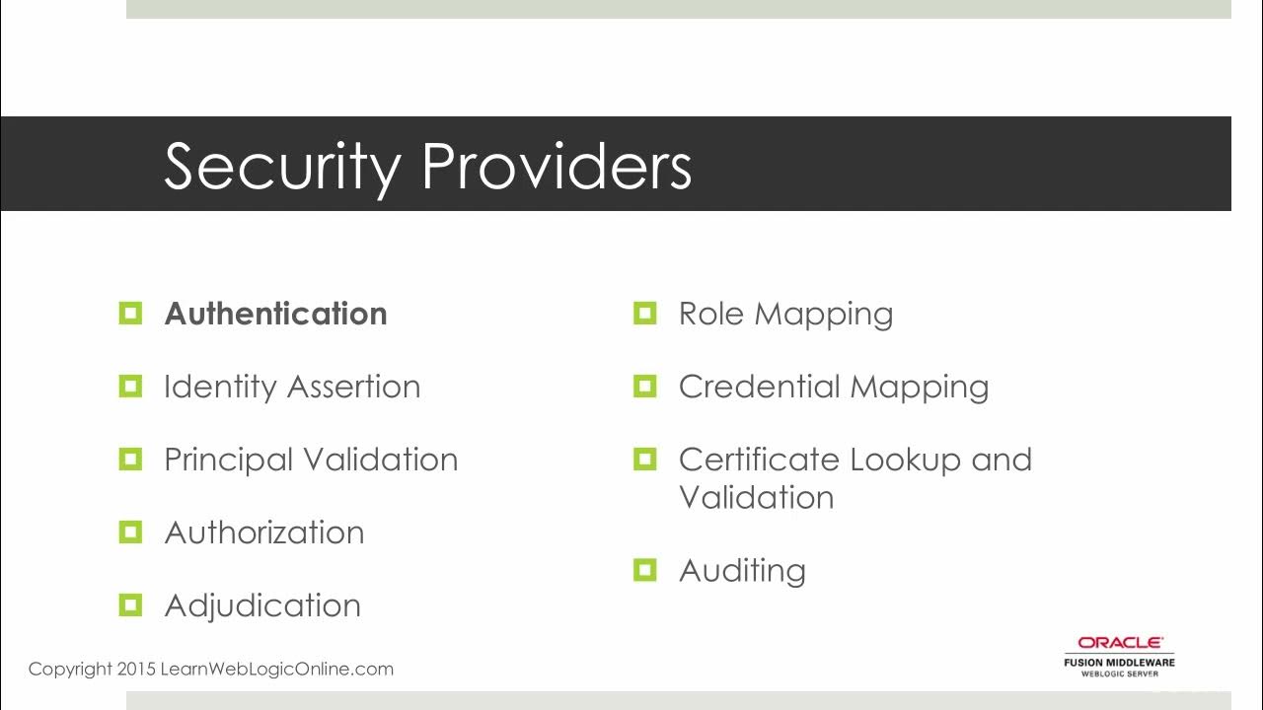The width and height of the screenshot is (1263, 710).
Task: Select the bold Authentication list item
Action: [275, 314]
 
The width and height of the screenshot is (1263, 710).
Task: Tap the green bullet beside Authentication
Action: [130, 314]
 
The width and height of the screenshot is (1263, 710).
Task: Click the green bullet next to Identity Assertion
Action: [130, 387]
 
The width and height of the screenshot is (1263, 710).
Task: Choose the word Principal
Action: [228, 460]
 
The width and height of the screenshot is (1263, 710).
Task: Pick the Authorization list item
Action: [264, 532]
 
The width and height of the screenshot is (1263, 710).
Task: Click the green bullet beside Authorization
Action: [130, 532]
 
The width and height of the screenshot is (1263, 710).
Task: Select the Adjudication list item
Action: [262, 605]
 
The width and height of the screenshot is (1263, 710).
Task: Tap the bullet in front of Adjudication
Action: [130, 605]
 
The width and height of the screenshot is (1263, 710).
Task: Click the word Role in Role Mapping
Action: [711, 314]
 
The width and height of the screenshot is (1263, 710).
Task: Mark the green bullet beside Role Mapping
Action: [645, 314]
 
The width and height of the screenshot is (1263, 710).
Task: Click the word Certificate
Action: [759, 460]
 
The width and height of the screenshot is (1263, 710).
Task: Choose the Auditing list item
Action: [742, 570]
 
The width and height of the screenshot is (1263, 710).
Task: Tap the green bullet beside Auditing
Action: [645, 570]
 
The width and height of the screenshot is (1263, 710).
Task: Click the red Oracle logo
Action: [1119, 643]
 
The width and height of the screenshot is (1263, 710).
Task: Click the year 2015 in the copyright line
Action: [136, 669]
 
